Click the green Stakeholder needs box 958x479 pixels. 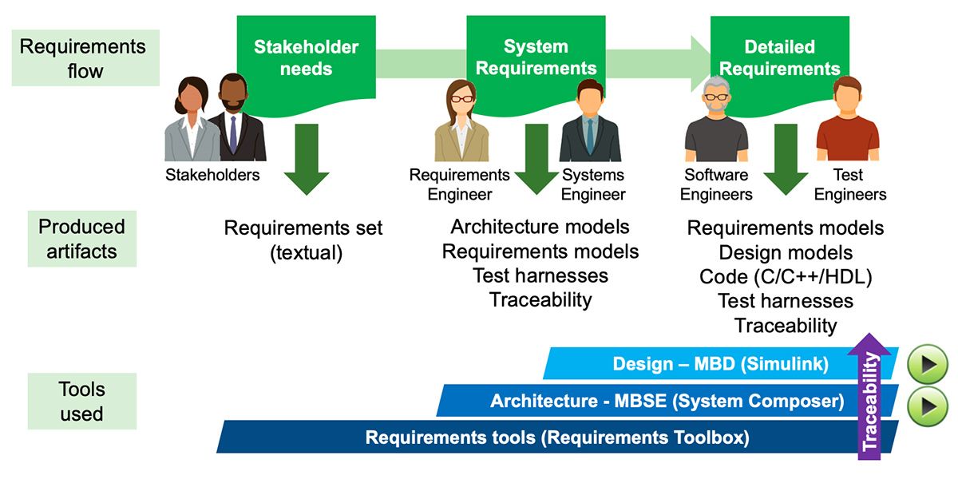pyautogui.click(x=305, y=57)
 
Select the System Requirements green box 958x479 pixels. pyautogui.click(x=535, y=57)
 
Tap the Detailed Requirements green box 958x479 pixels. pyautogui.click(x=778, y=57)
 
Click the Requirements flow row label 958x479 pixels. pyautogui.click(x=82, y=58)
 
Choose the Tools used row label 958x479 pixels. pyautogui.click(x=81, y=402)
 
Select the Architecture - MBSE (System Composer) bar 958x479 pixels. pyautogui.click(x=667, y=401)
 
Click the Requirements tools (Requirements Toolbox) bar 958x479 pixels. pyautogui.click(x=556, y=437)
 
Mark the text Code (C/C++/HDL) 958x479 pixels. pyautogui.click(x=786, y=277)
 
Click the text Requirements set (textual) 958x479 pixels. pyautogui.click(x=303, y=240)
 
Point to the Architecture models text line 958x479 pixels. pyautogui.click(x=540, y=228)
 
